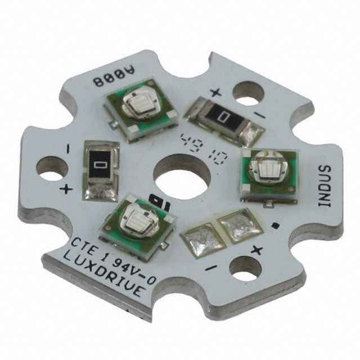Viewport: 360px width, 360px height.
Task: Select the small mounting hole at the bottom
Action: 243,269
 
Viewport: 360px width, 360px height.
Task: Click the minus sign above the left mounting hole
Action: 68,148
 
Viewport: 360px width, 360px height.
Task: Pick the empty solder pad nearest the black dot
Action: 237,224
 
